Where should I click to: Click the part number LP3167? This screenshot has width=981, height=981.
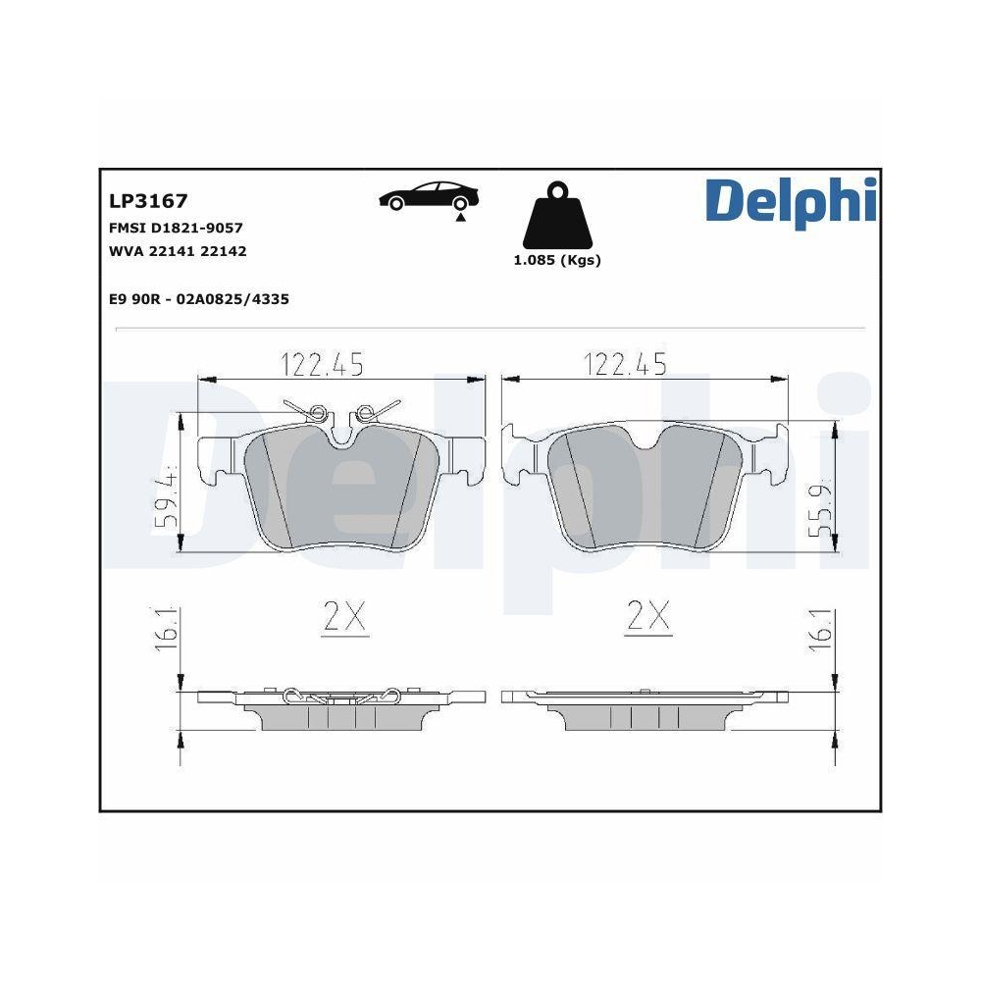[148, 201]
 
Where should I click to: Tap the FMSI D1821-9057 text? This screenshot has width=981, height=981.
[176, 228]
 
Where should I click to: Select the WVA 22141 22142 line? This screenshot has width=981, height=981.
[178, 251]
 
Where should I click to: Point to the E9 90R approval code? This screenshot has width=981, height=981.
[199, 299]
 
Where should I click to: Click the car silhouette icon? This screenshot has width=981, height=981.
[430, 196]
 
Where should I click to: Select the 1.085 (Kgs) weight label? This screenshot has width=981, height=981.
[557, 260]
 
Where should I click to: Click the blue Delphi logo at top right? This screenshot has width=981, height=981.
[789, 200]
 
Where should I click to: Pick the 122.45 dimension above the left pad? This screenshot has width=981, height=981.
[323, 365]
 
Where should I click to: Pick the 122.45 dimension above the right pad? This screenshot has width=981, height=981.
[625, 365]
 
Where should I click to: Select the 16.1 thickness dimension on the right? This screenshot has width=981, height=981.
[820, 628]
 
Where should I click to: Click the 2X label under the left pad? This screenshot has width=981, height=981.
[345, 616]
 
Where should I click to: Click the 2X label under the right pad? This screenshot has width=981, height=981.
[647, 616]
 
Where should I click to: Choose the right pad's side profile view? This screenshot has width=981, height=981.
[645, 709]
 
